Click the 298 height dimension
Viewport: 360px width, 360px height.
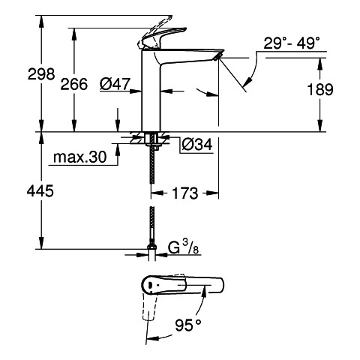(x=41, y=74)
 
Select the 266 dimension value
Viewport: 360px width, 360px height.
(x=74, y=84)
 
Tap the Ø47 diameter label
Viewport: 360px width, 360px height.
(x=115, y=84)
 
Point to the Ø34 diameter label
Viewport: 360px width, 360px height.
(x=197, y=144)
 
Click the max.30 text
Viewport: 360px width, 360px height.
(x=80, y=157)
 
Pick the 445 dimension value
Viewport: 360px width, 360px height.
(x=40, y=191)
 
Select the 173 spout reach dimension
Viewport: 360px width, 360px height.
(x=185, y=193)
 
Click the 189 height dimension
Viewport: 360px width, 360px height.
(x=320, y=89)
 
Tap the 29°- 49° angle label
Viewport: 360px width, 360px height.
(x=292, y=43)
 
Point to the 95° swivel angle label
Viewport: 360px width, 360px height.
(x=188, y=325)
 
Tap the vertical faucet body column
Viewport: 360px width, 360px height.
(x=151, y=91)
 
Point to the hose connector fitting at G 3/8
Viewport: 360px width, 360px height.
(x=151, y=247)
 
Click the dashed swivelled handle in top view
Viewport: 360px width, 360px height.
(x=148, y=306)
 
